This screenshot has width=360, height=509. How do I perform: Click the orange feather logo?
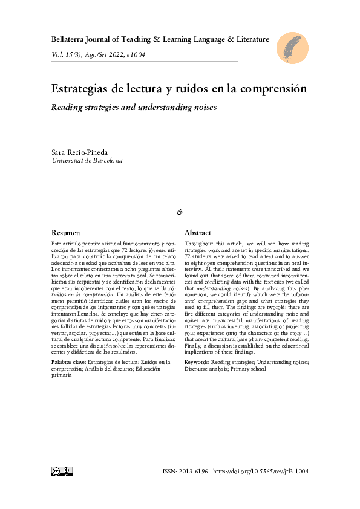tap(293, 48)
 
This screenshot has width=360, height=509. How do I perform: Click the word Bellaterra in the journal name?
tap(71, 39)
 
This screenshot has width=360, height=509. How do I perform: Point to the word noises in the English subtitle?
tap(203, 107)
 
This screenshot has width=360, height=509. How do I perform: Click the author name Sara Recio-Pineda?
tap(79, 152)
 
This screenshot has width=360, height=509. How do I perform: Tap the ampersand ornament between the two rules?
tap(180, 212)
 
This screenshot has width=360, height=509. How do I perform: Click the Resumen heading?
tap(66, 233)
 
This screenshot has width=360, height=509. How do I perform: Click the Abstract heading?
tap(197, 233)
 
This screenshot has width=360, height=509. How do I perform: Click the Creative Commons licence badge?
tap(62, 472)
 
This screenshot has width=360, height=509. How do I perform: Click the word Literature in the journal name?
tap(251, 39)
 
